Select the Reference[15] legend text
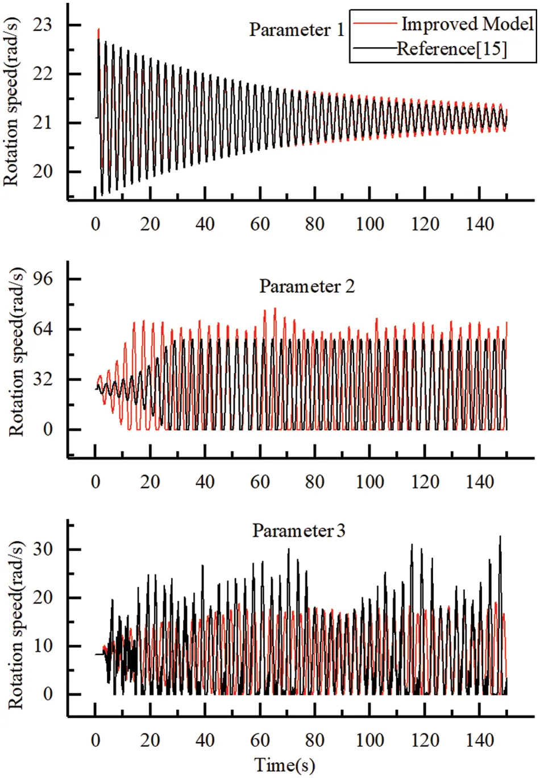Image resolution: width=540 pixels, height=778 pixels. tap(451, 49)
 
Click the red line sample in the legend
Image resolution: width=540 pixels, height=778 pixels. tap(375, 23)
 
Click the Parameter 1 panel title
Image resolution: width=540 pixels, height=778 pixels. tap(297, 30)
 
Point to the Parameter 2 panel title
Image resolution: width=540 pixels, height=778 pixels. tap(307, 286)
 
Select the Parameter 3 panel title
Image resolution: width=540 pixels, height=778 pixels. tap(298, 531)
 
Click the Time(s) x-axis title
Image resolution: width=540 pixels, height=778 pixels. tap(284, 765)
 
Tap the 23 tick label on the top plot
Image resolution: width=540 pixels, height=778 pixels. tap(42, 25)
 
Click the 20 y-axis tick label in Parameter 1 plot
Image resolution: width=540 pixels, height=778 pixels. tap(42, 171)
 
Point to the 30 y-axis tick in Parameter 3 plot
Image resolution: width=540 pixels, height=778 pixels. tap(42, 549)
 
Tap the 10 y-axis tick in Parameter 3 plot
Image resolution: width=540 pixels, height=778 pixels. tap(42, 646)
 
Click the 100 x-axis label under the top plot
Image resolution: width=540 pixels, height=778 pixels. tap(369, 224)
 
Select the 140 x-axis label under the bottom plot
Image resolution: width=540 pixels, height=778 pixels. tap(480, 740)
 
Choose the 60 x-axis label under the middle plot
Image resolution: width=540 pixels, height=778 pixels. tap(260, 482)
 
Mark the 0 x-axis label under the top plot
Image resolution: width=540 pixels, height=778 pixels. tap(95, 224)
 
